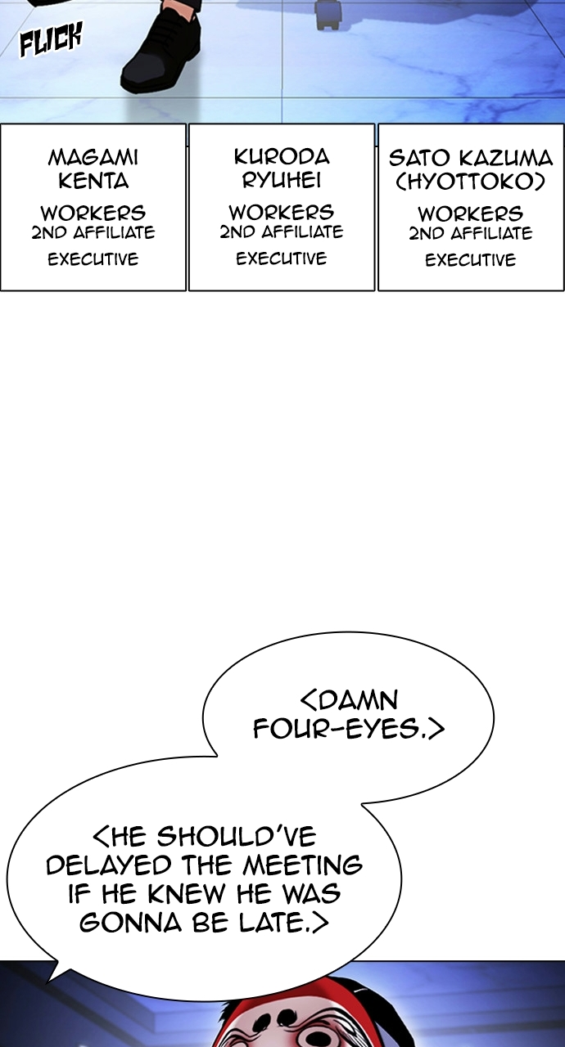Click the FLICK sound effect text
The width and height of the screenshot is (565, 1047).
[x=51, y=40]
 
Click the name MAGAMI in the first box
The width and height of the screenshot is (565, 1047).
[x=93, y=158]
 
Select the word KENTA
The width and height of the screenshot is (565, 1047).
[x=93, y=181]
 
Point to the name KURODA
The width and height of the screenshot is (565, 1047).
[x=282, y=156]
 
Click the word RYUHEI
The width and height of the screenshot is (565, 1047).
[x=282, y=180]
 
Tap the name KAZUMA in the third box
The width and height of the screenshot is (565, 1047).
[x=505, y=159]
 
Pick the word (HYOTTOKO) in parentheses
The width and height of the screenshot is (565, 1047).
[x=471, y=182]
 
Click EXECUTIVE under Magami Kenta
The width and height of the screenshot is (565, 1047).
[x=93, y=259]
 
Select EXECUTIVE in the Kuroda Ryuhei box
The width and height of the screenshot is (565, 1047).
[x=282, y=258]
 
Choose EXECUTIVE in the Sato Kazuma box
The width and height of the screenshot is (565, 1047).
[x=471, y=260]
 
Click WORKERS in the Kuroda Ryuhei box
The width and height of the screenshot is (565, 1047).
[x=282, y=212]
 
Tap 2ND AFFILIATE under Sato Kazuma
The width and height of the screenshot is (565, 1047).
[x=471, y=233]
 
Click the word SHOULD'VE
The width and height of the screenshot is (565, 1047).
[x=236, y=837]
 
